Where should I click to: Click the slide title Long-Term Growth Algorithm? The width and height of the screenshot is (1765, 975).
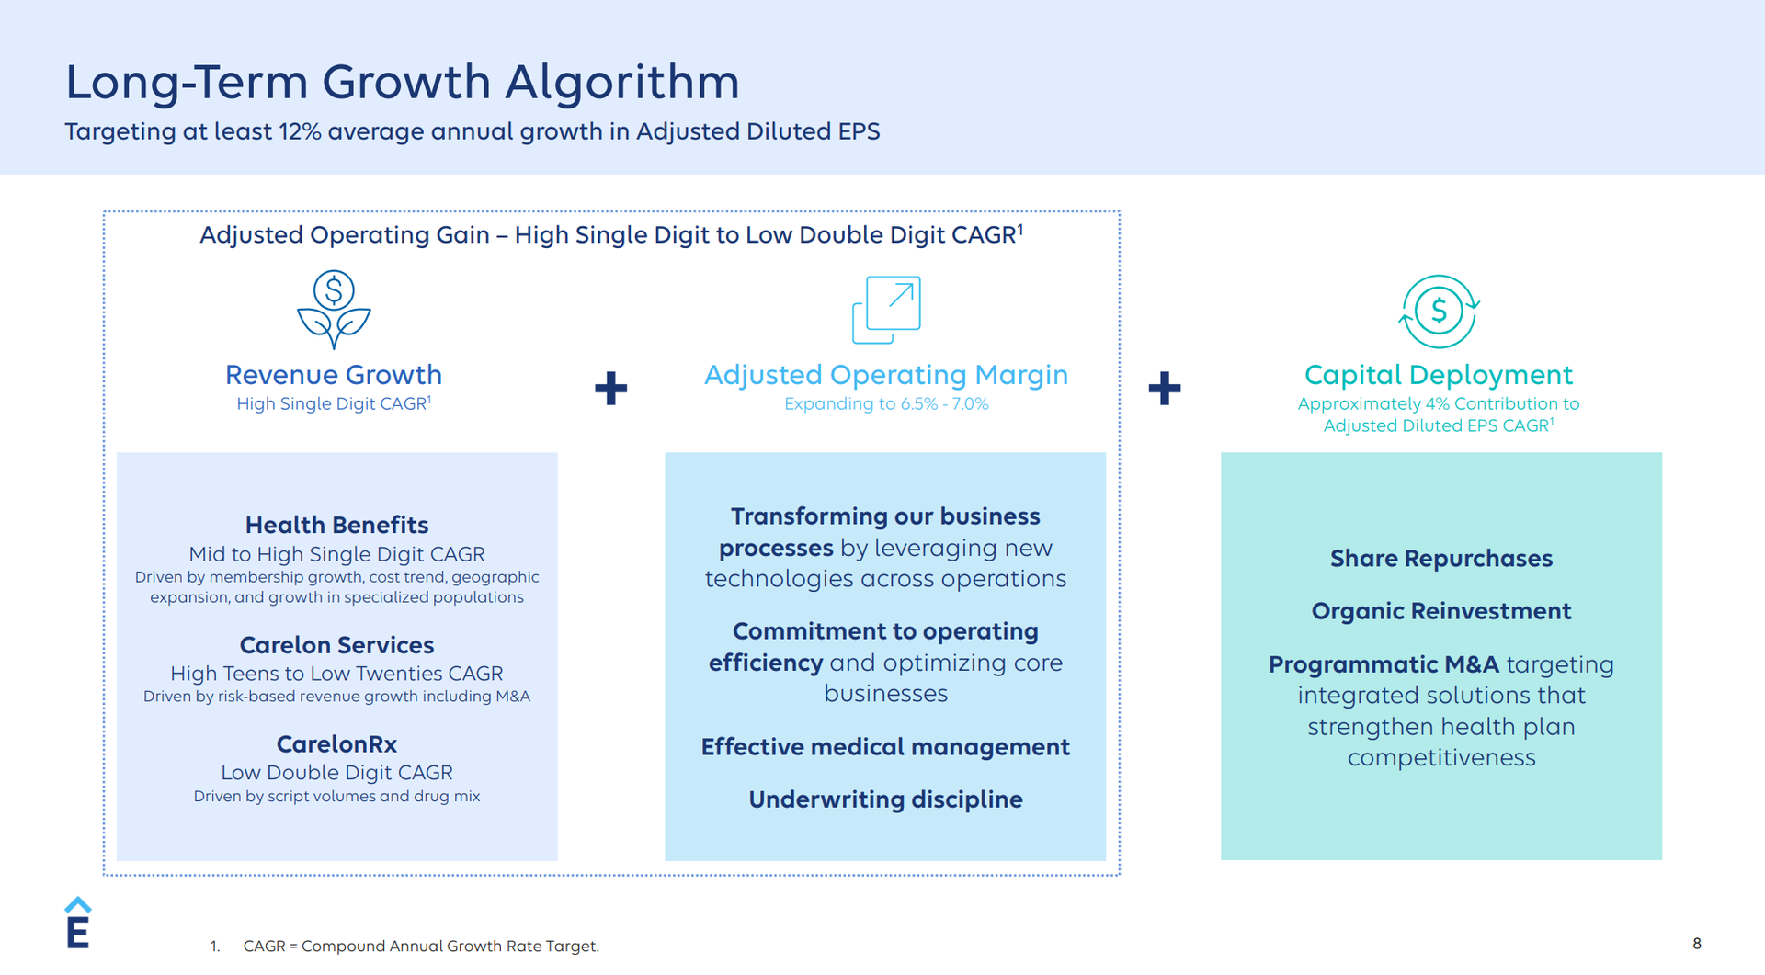click(x=402, y=83)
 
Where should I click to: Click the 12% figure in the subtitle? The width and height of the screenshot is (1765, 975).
click(x=300, y=131)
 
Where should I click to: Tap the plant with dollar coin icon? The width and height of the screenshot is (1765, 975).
click(x=334, y=310)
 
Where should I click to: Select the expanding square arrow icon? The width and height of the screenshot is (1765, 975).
click(x=886, y=310)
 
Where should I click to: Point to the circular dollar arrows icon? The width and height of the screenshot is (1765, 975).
click(x=1439, y=312)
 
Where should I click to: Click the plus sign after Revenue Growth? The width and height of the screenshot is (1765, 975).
click(x=611, y=388)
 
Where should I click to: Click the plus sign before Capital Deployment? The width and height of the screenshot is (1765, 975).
click(x=1165, y=388)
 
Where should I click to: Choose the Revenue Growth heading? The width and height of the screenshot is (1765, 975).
click(x=334, y=375)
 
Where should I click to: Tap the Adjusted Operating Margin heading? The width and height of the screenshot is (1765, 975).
click(x=886, y=375)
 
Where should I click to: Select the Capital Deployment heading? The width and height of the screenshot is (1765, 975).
click(x=1439, y=375)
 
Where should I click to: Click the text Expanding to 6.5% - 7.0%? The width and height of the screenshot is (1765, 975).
click(x=886, y=404)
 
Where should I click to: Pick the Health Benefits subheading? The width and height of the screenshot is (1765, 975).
click(x=336, y=525)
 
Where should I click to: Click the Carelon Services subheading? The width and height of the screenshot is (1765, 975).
click(x=336, y=645)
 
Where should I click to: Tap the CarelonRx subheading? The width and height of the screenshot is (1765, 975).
click(x=336, y=744)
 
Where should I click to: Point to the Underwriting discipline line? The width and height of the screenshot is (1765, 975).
click(x=885, y=799)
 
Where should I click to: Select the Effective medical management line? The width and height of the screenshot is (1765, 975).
click(x=885, y=747)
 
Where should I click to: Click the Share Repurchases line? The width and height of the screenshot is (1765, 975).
click(x=1441, y=559)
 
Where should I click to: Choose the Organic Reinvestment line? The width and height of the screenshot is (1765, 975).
click(x=1441, y=611)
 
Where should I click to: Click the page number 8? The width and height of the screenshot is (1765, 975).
click(x=1697, y=944)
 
